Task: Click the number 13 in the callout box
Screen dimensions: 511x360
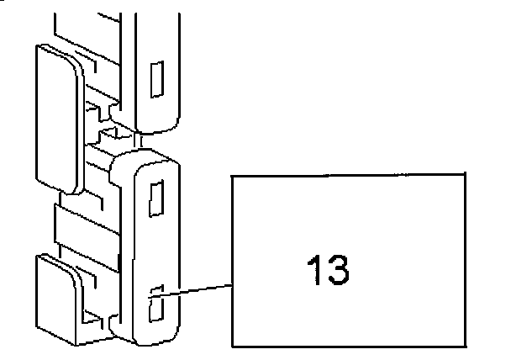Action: [x=326, y=268]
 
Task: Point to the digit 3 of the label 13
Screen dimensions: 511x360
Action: [x=337, y=268]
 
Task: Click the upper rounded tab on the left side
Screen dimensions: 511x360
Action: [x=57, y=118]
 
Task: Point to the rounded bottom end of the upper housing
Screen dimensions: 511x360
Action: [x=155, y=124]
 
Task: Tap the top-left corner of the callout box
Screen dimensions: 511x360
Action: [x=233, y=174]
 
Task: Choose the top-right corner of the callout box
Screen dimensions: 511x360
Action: [x=465, y=174]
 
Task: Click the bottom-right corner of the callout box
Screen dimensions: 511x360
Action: [x=465, y=346]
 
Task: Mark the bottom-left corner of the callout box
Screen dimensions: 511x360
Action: [x=233, y=346]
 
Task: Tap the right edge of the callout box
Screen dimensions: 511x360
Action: [x=465, y=261]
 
